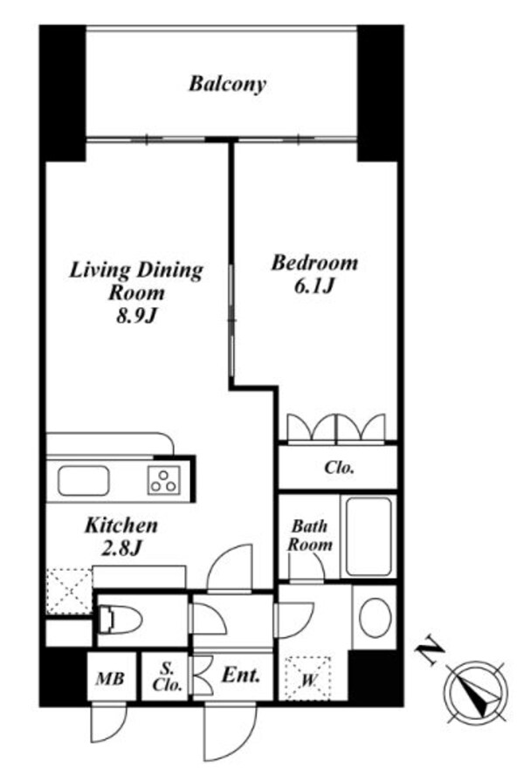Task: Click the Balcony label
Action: (227, 85)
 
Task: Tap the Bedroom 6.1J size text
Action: (314, 286)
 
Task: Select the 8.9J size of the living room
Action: (136, 317)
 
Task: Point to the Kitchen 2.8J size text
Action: (121, 549)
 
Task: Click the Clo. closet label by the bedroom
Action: (339, 467)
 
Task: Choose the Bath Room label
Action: (310, 535)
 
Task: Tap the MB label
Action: (110, 679)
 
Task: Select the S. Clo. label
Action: (167, 676)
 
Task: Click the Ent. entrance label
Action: (240, 675)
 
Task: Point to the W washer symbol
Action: (307, 679)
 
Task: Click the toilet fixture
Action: (120, 621)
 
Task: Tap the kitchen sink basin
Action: (83, 481)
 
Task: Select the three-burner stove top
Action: (163, 479)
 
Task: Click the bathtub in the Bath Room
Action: (369, 537)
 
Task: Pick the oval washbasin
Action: (375, 617)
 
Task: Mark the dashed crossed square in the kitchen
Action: (69, 591)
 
